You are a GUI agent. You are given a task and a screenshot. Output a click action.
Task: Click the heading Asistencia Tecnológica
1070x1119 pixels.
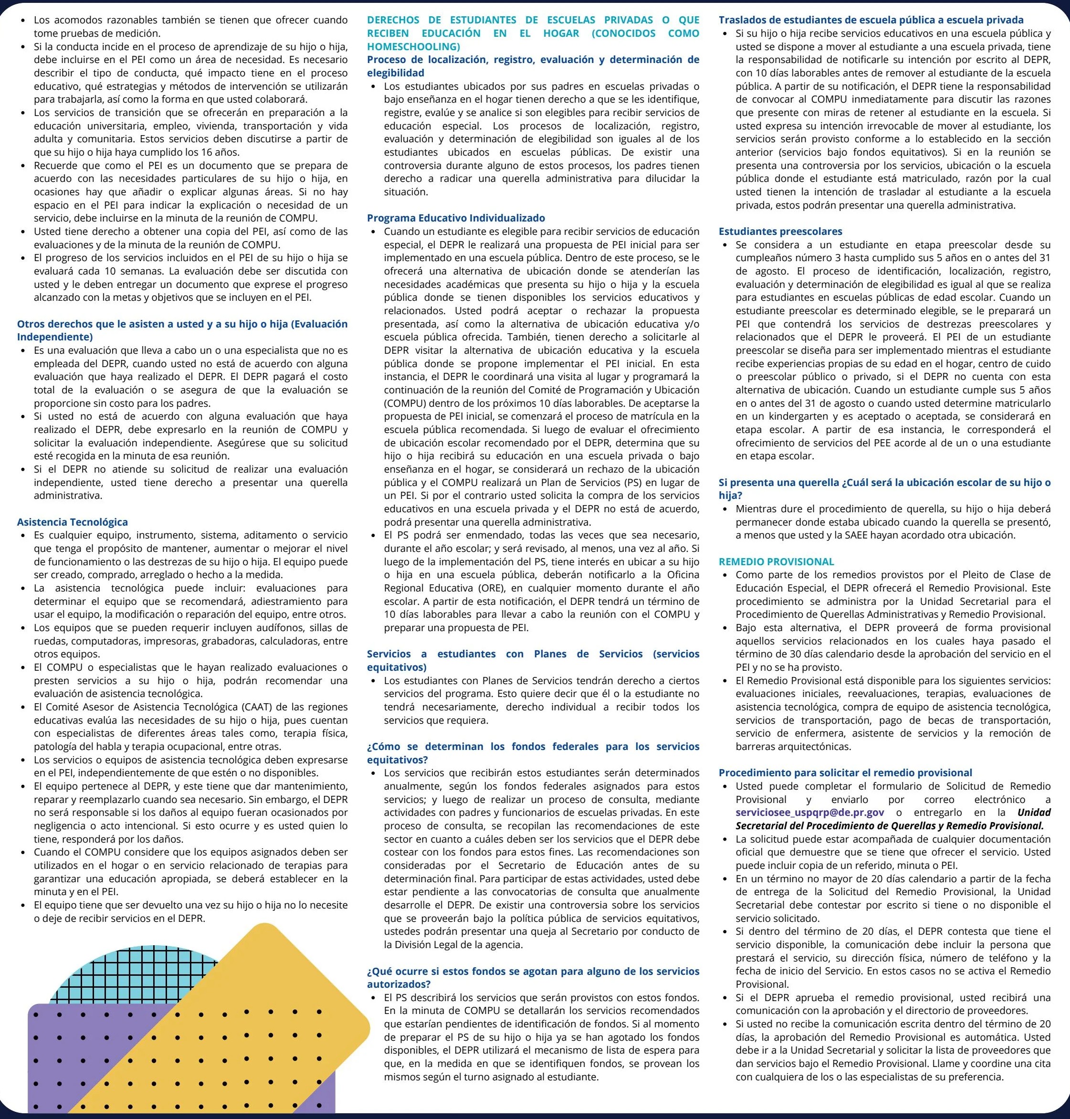73,522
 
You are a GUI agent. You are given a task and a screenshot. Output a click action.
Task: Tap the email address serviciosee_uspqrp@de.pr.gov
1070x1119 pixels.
810,813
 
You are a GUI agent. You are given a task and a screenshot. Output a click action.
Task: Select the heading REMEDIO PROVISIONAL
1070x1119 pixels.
776,561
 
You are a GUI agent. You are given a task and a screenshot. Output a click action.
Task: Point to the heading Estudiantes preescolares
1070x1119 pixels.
780,231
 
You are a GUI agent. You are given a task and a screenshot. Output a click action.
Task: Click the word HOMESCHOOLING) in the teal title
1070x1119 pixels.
413,46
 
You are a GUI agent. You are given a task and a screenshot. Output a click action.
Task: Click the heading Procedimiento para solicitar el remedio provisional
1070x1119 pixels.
845,772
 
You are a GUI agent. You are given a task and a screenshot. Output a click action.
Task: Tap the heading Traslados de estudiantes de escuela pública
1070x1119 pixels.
871,20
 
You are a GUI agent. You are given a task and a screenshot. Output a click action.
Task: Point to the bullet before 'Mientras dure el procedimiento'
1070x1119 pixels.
725,509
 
